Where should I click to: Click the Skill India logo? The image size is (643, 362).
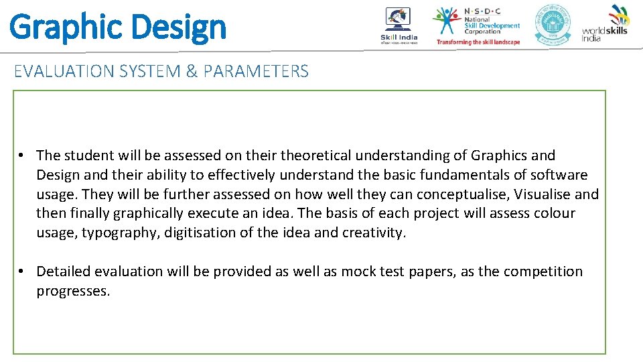click(399, 26)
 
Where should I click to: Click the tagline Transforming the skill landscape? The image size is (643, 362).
click(478, 42)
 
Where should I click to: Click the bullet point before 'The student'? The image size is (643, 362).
click(22, 156)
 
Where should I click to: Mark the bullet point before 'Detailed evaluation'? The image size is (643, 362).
click(22, 271)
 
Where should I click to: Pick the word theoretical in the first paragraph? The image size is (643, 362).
click(315, 156)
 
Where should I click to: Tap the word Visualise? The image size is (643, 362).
click(541, 194)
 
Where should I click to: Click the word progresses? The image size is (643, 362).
click(73, 291)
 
